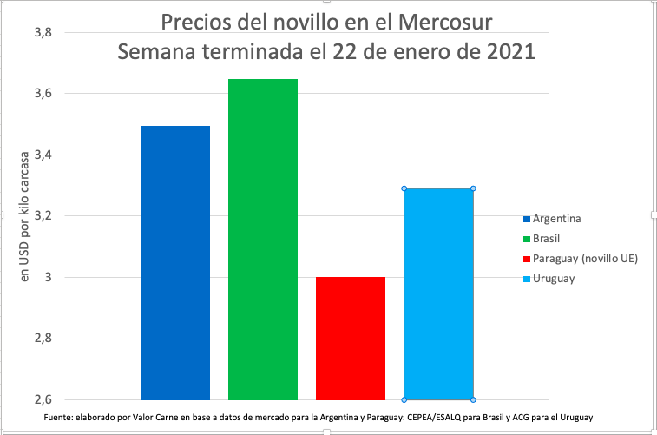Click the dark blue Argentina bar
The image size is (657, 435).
click(174, 262)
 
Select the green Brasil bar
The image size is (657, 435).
click(263, 239)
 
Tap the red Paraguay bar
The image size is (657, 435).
click(351, 338)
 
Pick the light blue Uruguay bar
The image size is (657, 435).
click(438, 293)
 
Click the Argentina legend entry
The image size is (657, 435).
click(556, 218)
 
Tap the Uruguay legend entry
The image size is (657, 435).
click(553, 278)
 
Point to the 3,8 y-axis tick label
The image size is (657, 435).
click(43, 33)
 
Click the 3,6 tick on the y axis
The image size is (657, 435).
click(43, 94)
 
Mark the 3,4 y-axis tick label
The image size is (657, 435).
click(43, 155)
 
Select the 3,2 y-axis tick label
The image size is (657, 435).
click(43, 216)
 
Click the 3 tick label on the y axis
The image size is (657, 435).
click(49, 278)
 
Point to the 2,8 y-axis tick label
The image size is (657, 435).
click(43, 339)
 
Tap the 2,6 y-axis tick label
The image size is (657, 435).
click(43, 400)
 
